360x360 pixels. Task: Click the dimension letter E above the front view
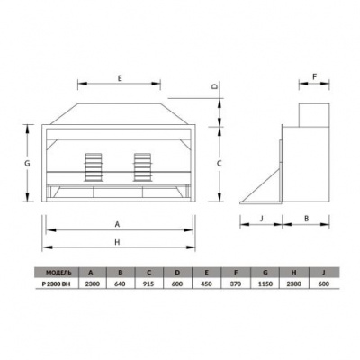tap(120, 79)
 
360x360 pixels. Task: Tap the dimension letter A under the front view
tap(118, 224)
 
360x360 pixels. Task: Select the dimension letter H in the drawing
tap(118, 243)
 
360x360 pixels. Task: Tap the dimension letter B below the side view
tap(306, 218)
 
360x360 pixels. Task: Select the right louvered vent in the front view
tap(141, 166)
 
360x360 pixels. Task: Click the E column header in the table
tap(206, 271)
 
